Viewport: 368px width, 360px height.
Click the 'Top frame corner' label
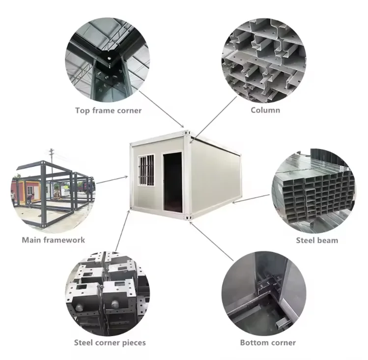[108, 110]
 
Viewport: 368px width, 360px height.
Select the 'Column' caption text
[265, 110]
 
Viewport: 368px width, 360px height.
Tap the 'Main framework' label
[53, 240]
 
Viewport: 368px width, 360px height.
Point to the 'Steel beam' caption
[317, 240]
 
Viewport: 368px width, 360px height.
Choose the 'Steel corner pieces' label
[110, 342]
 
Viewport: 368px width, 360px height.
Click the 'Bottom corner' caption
[268, 342]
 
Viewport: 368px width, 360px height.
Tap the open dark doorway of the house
[172, 181]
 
